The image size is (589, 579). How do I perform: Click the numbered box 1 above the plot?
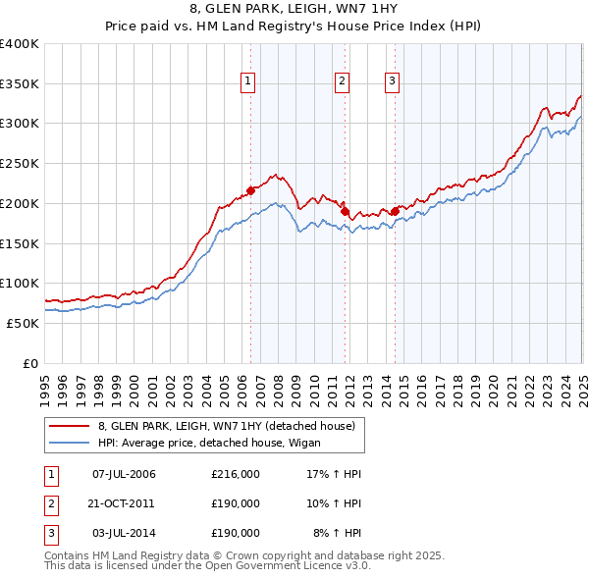pyautogui.click(x=247, y=81)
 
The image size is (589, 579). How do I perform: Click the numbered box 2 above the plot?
pyautogui.click(x=342, y=81)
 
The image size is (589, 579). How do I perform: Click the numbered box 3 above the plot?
pyautogui.click(x=392, y=81)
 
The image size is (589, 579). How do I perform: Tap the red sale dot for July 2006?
pyautogui.click(x=250, y=189)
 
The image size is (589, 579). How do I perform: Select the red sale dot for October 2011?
pyautogui.click(x=346, y=211)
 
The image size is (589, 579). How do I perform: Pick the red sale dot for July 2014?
pyautogui.click(x=395, y=211)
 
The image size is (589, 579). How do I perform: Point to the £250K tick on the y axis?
pyautogui.click(x=20, y=163)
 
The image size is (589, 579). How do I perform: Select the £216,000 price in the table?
pyautogui.click(x=236, y=475)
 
